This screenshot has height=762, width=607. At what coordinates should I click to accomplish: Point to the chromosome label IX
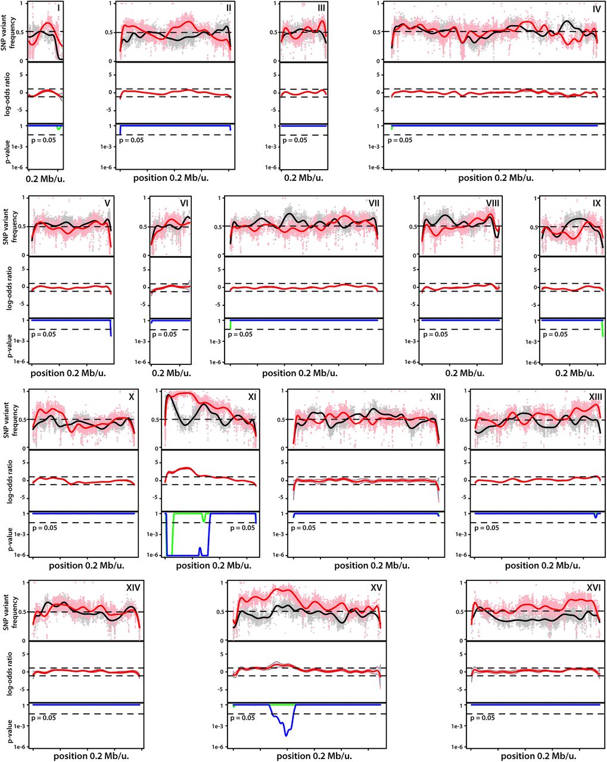click(x=596, y=203)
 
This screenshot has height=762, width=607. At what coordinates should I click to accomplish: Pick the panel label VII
click(x=374, y=203)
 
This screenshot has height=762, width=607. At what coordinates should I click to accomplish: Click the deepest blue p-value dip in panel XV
click(x=286, y=735)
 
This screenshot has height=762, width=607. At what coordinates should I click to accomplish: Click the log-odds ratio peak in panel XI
click(x=186, y=469)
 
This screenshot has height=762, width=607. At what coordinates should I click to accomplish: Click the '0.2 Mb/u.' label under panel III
click(x=303, y=178)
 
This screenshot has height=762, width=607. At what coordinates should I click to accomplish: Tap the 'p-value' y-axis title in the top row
click(x=8, y=146)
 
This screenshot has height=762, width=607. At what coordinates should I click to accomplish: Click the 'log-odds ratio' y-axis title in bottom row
click(x=8, y=672)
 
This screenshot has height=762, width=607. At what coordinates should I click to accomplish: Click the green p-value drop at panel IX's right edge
click(x=603, y=330)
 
